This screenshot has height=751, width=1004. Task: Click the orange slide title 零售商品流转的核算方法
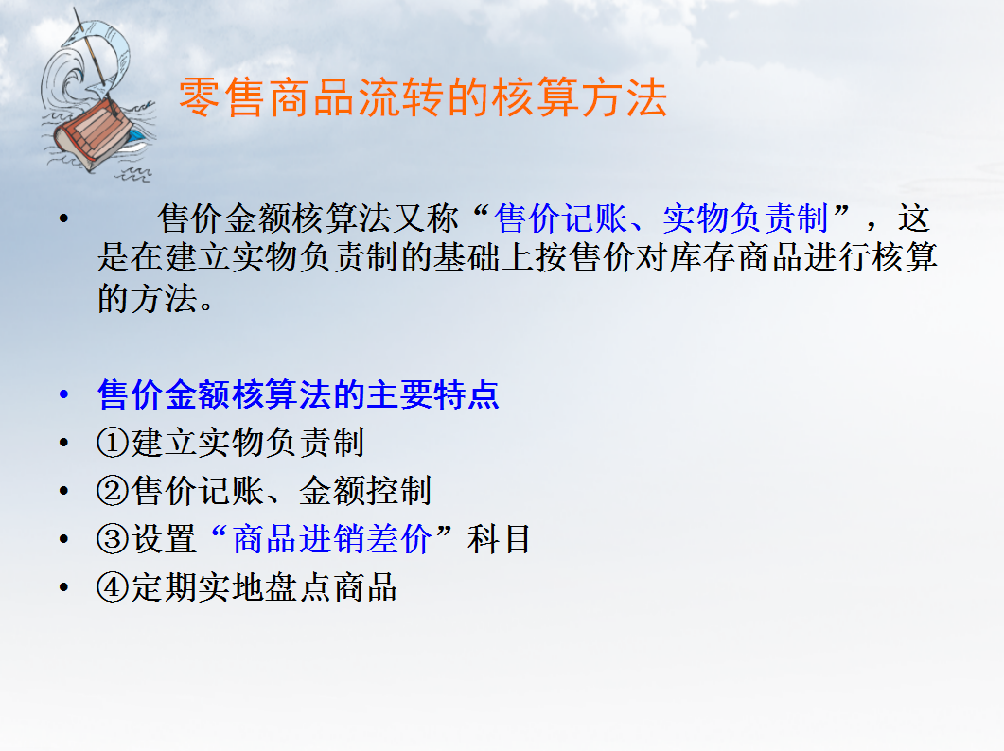point(423,98)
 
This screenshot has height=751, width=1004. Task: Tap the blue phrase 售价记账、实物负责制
point(661,218)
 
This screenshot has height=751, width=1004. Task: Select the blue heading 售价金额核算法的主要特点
point(298,394)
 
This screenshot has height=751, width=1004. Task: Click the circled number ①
point(113,443)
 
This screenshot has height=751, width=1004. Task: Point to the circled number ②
point(113,491)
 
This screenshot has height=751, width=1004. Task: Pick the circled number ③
point(113,540)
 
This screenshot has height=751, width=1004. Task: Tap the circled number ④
point(113,588)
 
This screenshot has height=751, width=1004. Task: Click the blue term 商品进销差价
point(332,540)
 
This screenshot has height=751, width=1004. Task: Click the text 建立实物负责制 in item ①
point(248,443)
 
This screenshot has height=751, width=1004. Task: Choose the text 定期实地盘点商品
point(264,588)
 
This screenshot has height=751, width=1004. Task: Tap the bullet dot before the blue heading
point(63,395)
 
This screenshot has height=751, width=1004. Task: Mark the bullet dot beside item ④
point(63,588)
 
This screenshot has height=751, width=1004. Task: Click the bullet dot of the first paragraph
point(63,219)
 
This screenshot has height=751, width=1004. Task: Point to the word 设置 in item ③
point(165,540)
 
